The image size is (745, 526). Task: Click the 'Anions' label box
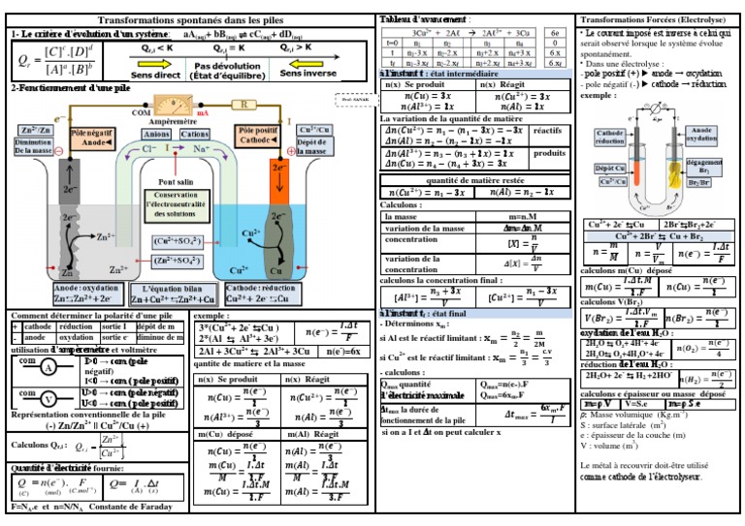(156, 134)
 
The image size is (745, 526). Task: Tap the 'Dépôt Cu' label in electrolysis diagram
(608, 168)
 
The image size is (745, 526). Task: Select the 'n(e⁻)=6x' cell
(344, 352)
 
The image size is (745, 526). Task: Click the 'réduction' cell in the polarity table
(77, 327)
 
